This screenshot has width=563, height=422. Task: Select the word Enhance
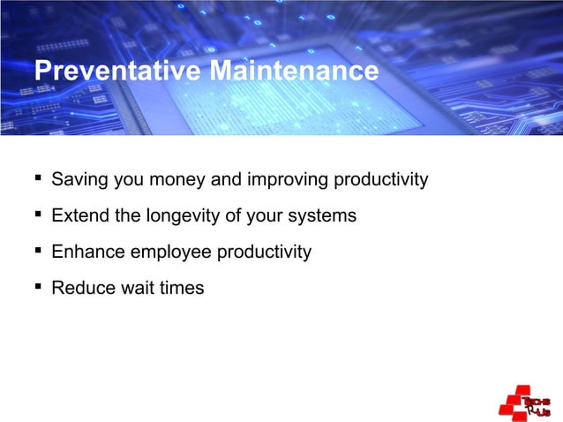[88, 252]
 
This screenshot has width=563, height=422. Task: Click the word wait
[138, 288]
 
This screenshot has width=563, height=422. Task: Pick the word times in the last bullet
[181, 288]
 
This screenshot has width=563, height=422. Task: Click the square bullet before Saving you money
[38, 180]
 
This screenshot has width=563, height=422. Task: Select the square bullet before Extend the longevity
[38, 215]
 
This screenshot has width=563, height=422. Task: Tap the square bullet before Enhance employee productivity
[38, 252]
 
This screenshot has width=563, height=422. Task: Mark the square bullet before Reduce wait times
[38, 288]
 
